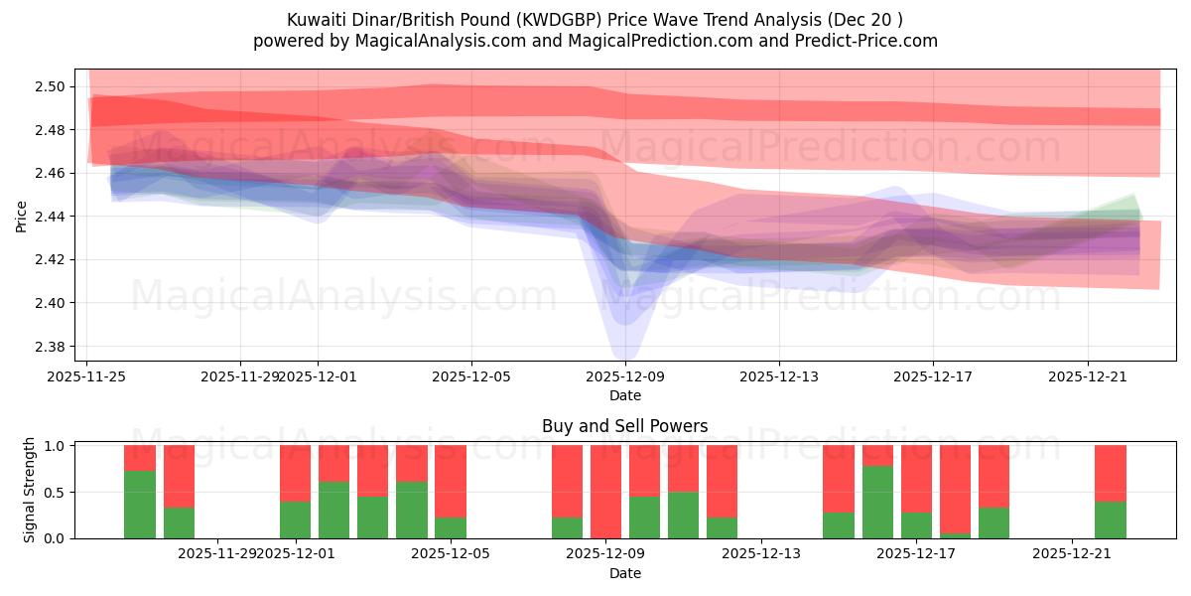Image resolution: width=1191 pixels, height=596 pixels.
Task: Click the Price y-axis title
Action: tap(21, 217)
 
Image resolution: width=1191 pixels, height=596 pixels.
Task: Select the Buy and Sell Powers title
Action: tap(624, 426)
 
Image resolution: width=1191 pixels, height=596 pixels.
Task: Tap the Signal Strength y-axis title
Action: tap(30, 490)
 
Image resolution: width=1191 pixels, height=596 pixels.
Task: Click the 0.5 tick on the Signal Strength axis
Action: tap(55, 492)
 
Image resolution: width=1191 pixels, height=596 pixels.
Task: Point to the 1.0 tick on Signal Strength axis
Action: tap(55, 446)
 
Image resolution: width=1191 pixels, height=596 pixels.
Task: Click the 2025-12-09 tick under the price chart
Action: tap(624, 376)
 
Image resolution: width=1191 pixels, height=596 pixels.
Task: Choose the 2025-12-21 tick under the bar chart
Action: tap(1072, 552)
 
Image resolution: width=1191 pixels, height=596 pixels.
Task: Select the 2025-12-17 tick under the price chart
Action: tap(932, 376)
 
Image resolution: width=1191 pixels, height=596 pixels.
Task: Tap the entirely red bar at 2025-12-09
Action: tap(605, 492)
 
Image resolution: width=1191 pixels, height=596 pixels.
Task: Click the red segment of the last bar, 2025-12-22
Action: tap(1110, 473)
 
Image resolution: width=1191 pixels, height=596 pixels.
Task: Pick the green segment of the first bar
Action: tap(140, 505)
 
